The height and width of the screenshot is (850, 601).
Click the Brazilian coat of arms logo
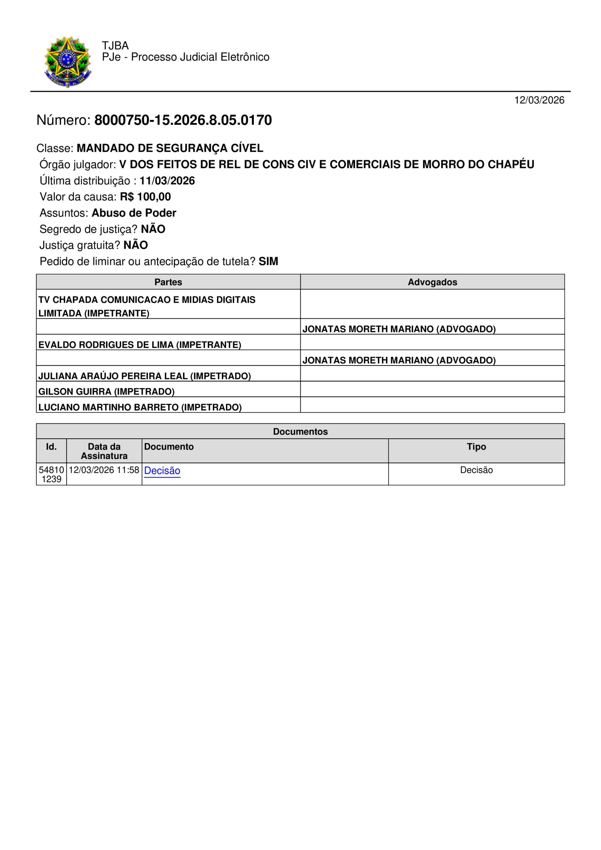pyautogui.click(x=67, y=61)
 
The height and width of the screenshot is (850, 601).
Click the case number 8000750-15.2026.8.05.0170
pyautogui.click(x=183, y=120)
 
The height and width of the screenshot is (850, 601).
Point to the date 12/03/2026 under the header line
pyautogui.click(x=539, y=100)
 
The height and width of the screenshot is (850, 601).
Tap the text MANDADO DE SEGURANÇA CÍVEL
pyautogui.click(x=170, y=148)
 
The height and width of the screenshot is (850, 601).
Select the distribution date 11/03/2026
pyautogui.click(x=167, y=181)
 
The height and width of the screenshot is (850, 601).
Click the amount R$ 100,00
pyautogui.click(x=145, y=197)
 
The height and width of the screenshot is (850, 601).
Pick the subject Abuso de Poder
pyautogui.click(x=134, y=213)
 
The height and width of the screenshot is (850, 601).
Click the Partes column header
pyautogui.click(x=168, y=282)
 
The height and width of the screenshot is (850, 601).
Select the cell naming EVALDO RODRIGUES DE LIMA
pyautogui.click(x=140, y=345)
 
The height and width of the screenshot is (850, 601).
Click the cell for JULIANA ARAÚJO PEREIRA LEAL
pyautogui.click(x=145, y=376)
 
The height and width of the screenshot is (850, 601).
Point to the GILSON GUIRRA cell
pyautogui.click(x=106, y=391)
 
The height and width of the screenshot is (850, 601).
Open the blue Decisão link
pyautogui.click(x=162, y=470)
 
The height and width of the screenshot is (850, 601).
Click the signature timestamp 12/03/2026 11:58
pyautogui.click(x=104, y=470)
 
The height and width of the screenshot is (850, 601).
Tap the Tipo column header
pyautogui.click(x=476, y=447)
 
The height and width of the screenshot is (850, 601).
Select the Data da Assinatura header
pyautogui.click(x=104, y=451)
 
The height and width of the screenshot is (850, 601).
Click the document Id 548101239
pyautogui.click(x=51, y=474)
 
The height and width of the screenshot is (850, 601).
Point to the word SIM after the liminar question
pyautogui.click(x=268, y=261)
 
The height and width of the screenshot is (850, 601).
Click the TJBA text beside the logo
pyautogui.click(x=115, y=45)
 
